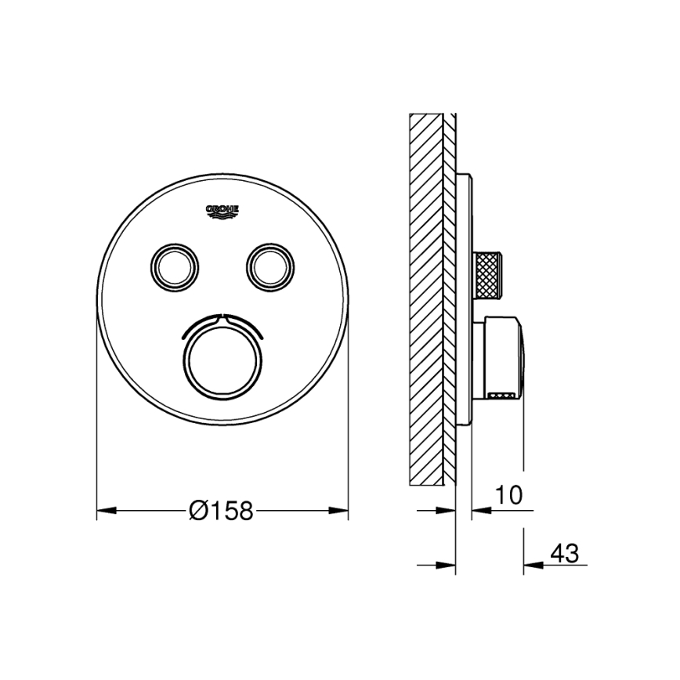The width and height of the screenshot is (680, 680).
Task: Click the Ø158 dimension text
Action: [x=222, y=511]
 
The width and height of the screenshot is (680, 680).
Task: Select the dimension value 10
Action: [x=508, y=495]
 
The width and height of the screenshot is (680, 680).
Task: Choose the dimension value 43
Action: [x=564, y=553]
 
